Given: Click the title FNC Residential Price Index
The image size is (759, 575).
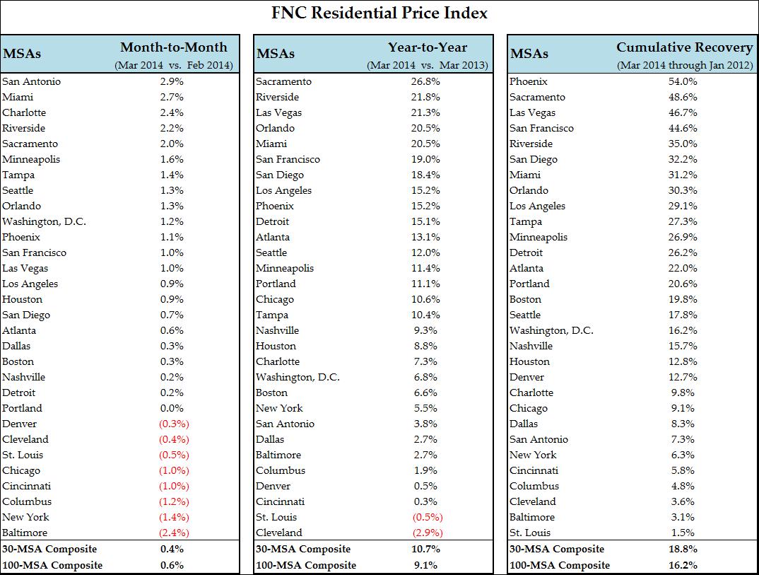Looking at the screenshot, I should [x=379, y=13].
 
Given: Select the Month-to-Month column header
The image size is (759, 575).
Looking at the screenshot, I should [x=174, y=47].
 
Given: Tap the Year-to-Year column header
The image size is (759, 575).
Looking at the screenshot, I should [x=427, y=47].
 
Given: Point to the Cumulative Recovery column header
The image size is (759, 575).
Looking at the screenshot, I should [x=684, y=47].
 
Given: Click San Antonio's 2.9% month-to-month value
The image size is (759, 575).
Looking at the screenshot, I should [x=172, y=81].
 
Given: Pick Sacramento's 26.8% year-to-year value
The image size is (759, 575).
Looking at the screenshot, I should [x=426, y=81].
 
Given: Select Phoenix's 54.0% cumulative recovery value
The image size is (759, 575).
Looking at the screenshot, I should [x=683, y=81].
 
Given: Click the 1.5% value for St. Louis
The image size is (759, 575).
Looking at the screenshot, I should [x=683, y=533].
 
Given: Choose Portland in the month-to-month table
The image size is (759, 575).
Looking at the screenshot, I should [x=22, y=408].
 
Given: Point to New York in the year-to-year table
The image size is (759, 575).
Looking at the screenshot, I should [x=279, y=408].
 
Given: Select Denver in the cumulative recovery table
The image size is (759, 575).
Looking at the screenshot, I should [x=527, y=377].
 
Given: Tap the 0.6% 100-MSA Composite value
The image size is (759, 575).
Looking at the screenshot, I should [x=172, y=565].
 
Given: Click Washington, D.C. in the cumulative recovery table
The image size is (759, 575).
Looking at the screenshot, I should [x=551, y=330].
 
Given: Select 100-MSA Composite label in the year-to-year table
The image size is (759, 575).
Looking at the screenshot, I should [x=306, y=565].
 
